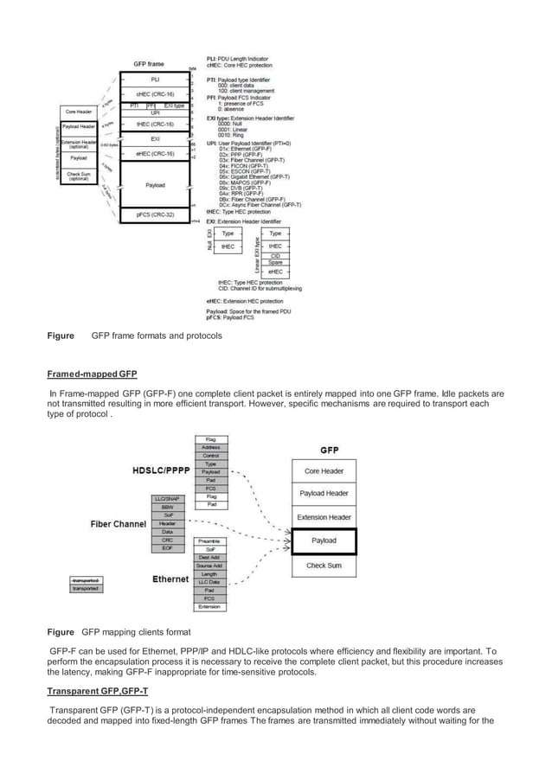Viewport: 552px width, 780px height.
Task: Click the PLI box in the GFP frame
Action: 156,79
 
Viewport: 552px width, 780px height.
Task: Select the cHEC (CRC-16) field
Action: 156,94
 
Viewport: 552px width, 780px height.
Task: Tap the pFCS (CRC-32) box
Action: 156,213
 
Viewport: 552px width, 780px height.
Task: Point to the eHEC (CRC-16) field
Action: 156,154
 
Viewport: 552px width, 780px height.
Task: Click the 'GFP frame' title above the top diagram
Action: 149,64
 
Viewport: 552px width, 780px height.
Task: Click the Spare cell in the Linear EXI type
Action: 275,263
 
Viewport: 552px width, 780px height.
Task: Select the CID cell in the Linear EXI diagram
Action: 275,256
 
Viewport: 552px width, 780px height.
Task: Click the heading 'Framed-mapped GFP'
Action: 92,374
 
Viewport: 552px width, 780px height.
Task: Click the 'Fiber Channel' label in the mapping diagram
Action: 119,524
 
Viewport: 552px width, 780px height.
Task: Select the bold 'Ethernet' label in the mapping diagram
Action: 170,579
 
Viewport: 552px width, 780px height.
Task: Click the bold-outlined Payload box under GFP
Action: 324,540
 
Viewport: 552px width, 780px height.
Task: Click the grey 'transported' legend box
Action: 87,588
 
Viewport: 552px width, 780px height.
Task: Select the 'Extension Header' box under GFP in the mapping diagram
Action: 324,517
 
